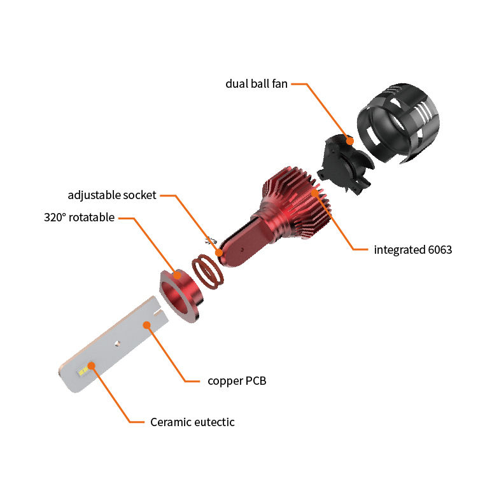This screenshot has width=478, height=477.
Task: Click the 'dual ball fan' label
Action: pyautogui.click(x=257, y=83)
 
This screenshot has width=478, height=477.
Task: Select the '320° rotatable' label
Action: pyautogui.click(x=80, y=218)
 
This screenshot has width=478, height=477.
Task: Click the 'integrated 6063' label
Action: pyautogui.click(x=413, y=250)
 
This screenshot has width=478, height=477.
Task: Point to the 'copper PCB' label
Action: pyautogui.click(x=237, y=381)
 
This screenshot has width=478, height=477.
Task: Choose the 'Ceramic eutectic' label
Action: pyautogui.click(x=192, y=422)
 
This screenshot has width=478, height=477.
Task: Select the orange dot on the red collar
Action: pyautogui.click(x=176, y=277)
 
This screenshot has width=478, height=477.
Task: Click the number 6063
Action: pyautogui.click(x=437, y=250)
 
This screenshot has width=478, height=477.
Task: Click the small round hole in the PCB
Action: pyautogui.click(x=117, y=343)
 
